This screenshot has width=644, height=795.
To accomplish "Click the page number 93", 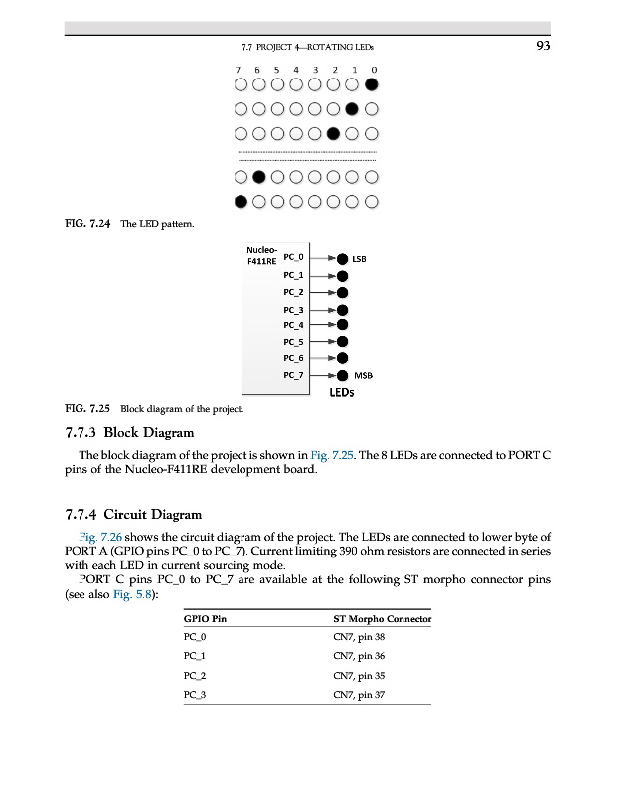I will click(543, 45).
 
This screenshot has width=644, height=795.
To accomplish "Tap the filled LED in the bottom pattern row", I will click(240, 202).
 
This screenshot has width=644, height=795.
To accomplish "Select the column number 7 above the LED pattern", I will click(239, 70).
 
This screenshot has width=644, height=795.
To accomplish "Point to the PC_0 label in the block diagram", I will click(293, 257).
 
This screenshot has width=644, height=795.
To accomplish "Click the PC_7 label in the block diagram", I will click(293, 375).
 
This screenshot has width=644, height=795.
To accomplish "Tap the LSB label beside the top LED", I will click(359, 259).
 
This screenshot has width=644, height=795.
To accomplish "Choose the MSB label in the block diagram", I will click(363, 376).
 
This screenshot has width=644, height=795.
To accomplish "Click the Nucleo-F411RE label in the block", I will click(261, 256).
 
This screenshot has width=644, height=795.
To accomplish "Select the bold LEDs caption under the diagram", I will click(342, 393).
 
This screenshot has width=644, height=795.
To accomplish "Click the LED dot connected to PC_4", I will click(343, 324).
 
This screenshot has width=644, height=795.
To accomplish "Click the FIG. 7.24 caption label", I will click(87, 224).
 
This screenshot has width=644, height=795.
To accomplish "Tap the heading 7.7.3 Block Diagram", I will click(129, 432).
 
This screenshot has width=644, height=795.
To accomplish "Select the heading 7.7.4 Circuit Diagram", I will click(132, 514).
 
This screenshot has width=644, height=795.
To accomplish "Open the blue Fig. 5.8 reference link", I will click(134, 594).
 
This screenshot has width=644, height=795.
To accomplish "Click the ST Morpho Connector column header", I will click(382, 619).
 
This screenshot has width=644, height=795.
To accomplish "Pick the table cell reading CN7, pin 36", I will click(359, 656).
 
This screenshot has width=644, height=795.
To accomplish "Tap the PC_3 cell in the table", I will click(195, 694).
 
